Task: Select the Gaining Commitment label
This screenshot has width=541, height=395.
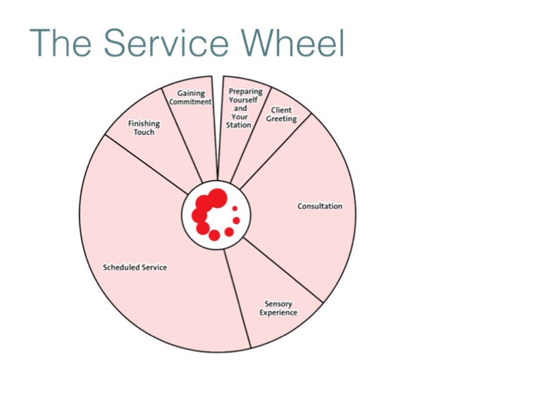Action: pyautogui.click(x=191, y=97)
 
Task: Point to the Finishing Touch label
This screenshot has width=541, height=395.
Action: pyautogui.click(x=144, y=127)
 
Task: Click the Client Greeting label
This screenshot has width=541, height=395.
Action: pyautogui.click(x=281, y=115)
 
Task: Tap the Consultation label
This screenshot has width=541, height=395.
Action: pyautogui.click(x=320, y=206)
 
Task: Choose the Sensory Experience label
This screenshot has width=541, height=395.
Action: pyautogui.click(x=278, y=308)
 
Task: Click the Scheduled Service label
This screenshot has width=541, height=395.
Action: pyautogui.click(x=135, y=268)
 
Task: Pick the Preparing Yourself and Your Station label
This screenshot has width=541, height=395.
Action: pyautogui.click(x=240, y=108)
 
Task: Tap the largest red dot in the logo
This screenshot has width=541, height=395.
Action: pyautogui.click(x=218, y=197)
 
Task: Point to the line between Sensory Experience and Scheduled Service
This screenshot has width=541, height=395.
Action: pyautogui.click(x=237, y=299)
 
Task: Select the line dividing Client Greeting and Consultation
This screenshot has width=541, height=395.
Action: pyautogui.click(x=275, y=150)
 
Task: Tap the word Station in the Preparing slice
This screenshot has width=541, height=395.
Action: pyautogui.click(x=239, y=125)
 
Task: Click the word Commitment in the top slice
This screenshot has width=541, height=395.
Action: pyautogui.click(x=191, y=101)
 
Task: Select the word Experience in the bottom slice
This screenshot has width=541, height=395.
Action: pyautogui.click(x=278, y=313)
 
